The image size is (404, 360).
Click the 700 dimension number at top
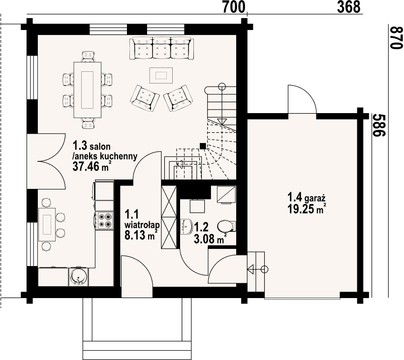click(x=233, y=7)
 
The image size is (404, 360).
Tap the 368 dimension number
click(x=349, y=7)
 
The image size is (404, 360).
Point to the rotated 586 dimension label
click(x=379, y=125)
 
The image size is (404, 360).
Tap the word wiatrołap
click(x=142, y=225)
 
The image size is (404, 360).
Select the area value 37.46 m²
click(x=90, y=167)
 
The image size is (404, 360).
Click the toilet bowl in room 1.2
click(x=227, y=226)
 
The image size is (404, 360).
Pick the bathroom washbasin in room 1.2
click(x=187, y=227)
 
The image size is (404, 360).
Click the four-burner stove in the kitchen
click(x=104, y=220)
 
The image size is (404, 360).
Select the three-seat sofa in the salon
click(x=162, y=49)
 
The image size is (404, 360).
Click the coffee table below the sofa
click(x=161, y=75)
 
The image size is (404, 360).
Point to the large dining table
click(x=87, y=90)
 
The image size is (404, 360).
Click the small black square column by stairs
click(x=203, y=146)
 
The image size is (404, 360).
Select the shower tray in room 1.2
click(x=226, y=195)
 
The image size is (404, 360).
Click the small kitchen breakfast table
click(x=47, y=224)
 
